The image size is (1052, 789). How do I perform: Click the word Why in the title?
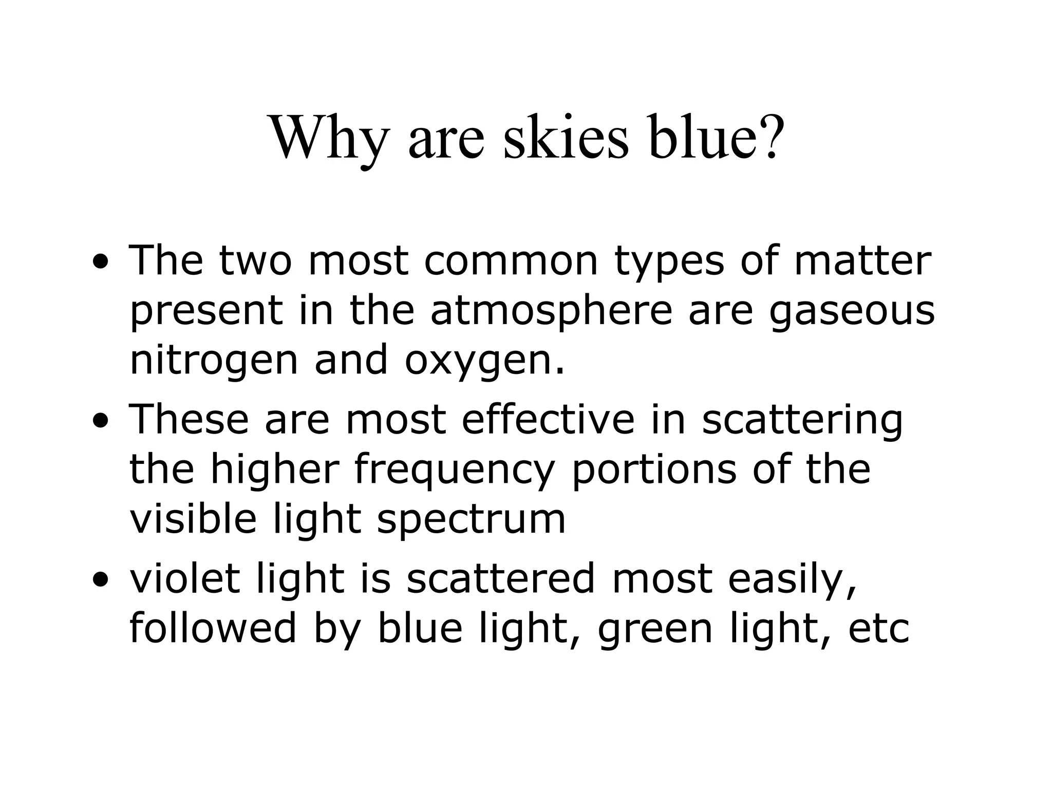click(329, 138)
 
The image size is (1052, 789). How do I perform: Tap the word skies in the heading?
click(566, 138)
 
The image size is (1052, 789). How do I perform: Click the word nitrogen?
click(214, 362)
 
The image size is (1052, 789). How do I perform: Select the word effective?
click(548, 419)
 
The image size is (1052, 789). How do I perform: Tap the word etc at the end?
click(878, 629)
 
